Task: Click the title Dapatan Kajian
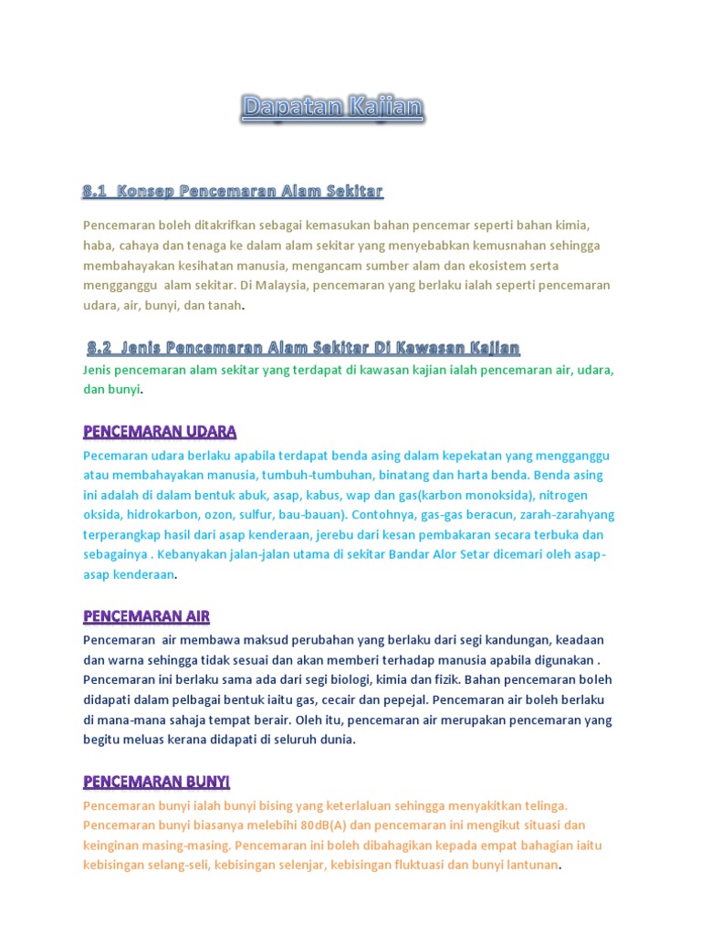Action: click(x=333, y=109)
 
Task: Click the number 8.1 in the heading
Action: click(x=95, y=192)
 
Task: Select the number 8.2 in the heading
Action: click(x=99, y=348)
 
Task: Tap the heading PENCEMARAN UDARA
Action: click(x=160, y=430)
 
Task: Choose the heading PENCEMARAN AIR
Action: click(x=146, y=616)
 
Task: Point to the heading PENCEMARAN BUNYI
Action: click(x=156, y=782)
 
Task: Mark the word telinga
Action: click(x=544, y=805)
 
